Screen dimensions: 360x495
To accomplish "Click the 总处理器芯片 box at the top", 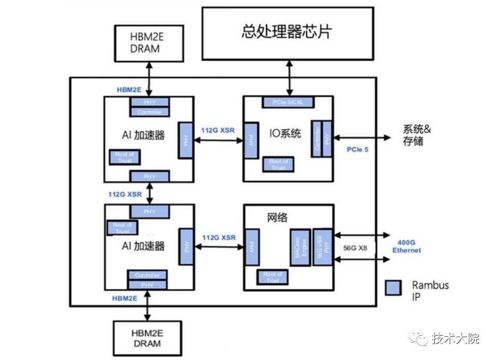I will pos(287,33).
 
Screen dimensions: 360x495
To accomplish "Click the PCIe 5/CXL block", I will pos(287,102).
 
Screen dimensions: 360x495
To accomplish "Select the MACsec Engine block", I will pos(299,247).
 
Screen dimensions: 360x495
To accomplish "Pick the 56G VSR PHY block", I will pos(322,247).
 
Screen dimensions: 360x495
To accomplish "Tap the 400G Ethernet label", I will pos(406,246).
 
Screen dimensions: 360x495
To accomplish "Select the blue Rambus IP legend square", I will pos(394,289).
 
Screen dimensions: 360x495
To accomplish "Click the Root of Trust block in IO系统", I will pos(278,164).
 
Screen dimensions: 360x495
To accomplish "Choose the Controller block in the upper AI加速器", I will pos(149,112).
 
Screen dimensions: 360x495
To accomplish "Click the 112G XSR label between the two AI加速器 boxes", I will pos(125,193).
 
